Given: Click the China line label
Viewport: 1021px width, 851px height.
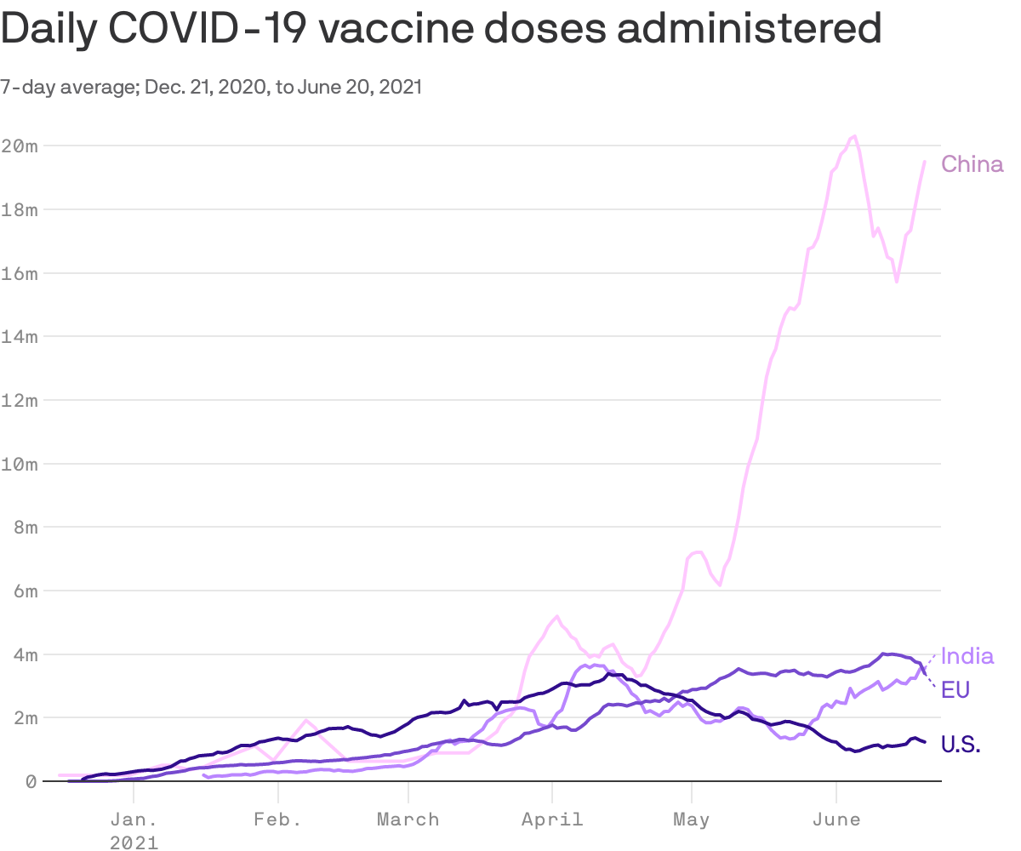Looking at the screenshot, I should click(972, 164).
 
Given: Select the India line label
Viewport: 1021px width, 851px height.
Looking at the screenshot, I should click(967, 656).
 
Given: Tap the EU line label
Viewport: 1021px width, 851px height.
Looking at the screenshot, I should click(955, 689).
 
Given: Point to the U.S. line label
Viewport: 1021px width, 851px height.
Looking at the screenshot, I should click(961, 745).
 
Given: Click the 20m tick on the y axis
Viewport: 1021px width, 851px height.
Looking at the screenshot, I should click(19, 146).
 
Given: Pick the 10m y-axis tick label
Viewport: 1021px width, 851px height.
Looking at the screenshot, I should click(19, 464).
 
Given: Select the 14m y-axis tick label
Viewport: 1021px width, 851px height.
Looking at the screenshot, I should click(19, 336).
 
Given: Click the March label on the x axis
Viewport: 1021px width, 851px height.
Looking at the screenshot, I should click(408, 820).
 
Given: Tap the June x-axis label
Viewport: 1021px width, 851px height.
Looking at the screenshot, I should click(836, 820).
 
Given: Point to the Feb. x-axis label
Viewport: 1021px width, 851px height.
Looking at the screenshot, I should click(278, 820).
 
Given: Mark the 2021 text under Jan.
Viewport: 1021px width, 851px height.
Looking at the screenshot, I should click(134, 842).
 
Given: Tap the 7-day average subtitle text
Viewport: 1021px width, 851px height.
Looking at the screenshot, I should click(68, 87).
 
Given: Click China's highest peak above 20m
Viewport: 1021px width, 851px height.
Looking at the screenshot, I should click(854, 135).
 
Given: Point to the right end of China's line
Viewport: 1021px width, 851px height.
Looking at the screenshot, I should click(925, 161).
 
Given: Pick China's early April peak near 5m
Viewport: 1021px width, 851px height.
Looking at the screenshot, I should click(556, 616).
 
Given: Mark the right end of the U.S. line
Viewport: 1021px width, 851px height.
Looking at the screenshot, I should click(925, 742).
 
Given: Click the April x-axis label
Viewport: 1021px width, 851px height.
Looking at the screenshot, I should click(552, 820).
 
